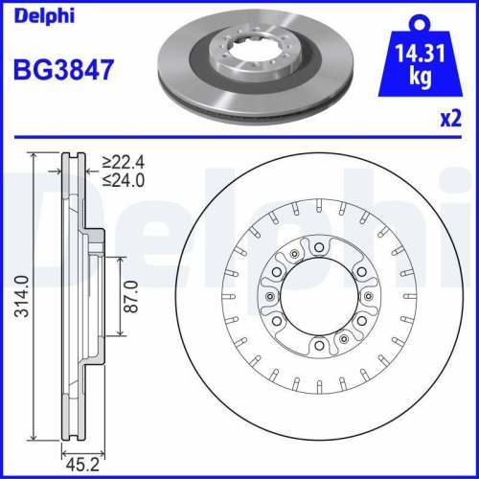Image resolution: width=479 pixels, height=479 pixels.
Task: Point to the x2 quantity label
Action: [451, 118]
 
